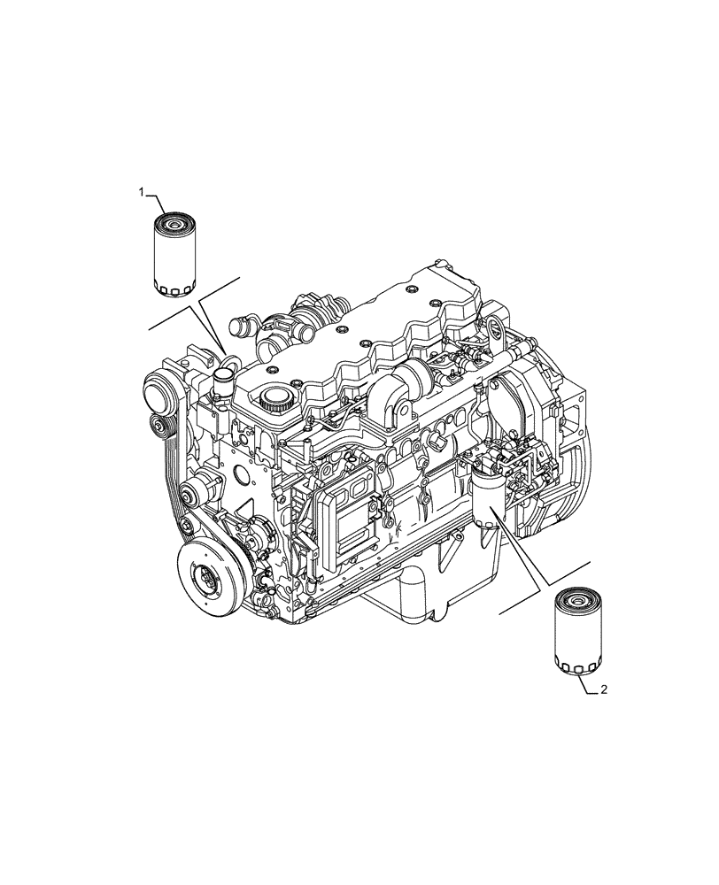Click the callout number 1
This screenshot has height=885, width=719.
141,191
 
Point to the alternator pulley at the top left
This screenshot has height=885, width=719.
158,390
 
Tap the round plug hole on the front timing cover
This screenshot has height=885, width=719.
241,475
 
